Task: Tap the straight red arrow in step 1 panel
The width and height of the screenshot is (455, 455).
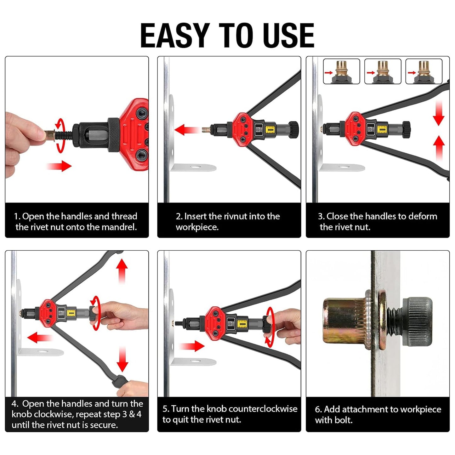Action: tap(59, 166)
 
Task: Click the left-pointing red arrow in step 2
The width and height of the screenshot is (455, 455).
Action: tap(186, 129)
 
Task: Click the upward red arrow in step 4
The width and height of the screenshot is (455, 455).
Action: tap(122, 271)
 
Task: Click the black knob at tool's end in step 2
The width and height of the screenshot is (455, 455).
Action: tap(293, 129)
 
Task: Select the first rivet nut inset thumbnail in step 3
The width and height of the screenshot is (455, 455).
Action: tap(341, 71)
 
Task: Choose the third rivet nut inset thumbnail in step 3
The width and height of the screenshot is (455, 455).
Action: tap(424, 71)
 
